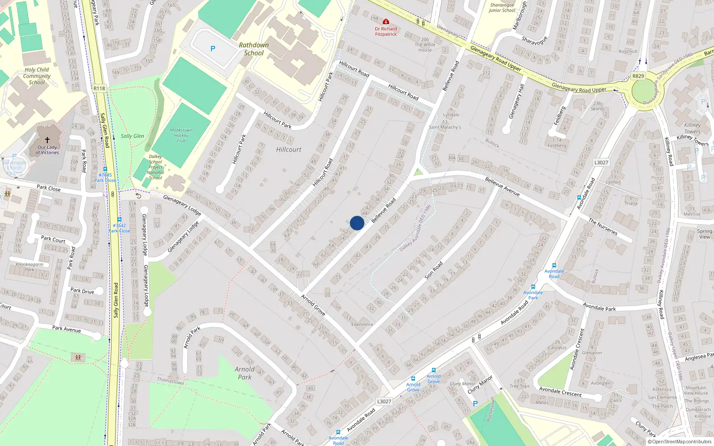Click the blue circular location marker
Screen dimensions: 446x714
[357, 223]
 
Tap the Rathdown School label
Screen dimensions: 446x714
[253, 49]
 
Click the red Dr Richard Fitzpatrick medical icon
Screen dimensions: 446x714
[386, 21]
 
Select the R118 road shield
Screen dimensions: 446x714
[100, 88]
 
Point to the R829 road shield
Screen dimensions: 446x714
[638, 76]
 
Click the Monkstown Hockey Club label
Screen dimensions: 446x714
[181, 136]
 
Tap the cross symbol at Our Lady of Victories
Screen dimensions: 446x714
[47, 140]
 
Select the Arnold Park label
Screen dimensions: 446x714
[245, 373]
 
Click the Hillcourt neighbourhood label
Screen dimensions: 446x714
[289, 149]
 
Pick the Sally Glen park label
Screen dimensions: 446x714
[133, 136]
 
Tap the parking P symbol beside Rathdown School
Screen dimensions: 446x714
[213, 49]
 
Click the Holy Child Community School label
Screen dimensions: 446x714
[37, 76]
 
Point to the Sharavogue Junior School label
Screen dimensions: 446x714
[502, 8]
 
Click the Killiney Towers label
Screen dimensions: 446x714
[692, 128]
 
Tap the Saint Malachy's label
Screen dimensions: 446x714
[445, 127]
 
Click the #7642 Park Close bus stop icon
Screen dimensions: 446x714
[119, 219]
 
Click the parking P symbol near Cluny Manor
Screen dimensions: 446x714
[475, 404]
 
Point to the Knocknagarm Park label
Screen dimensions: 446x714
[29, 267]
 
